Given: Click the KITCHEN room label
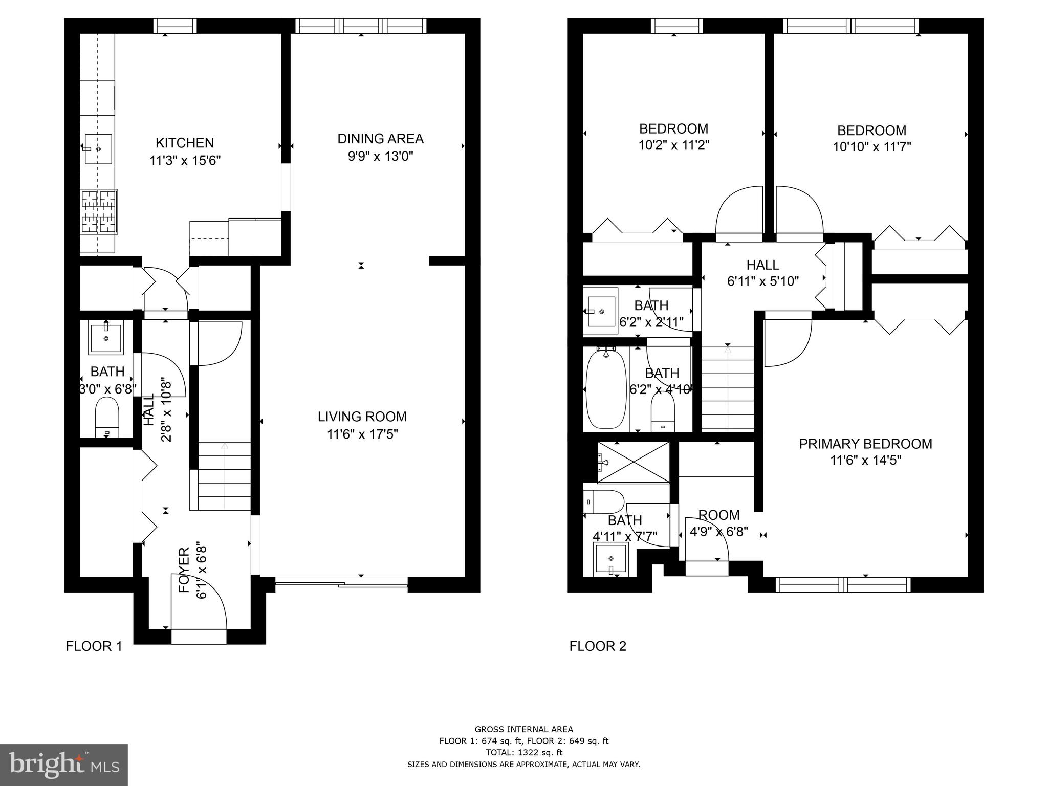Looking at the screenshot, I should point(184,143).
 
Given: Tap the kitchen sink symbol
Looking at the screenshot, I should point(98,148).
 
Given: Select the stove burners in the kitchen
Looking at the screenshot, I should point(99,212).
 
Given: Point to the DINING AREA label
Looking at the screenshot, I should point(380,139).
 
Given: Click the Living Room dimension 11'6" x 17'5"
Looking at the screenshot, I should point(362,434).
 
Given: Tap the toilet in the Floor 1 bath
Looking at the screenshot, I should point(107,416).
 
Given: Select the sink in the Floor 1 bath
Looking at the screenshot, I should point(106,337).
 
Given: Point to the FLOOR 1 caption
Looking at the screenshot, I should point(94,646).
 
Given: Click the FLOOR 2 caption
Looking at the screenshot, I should point(598,646).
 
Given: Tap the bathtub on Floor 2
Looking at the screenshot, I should point(606,389).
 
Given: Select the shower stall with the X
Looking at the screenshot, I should point(634,463).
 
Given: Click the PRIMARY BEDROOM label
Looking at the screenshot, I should point(865,444).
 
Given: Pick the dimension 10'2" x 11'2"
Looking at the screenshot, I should point(673,145).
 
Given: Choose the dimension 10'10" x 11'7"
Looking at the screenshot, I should point(871,147).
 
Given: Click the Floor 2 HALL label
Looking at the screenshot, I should point(762,265).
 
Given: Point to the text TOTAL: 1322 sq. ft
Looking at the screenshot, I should point(523,752).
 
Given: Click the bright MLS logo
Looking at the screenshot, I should point(64,765).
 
